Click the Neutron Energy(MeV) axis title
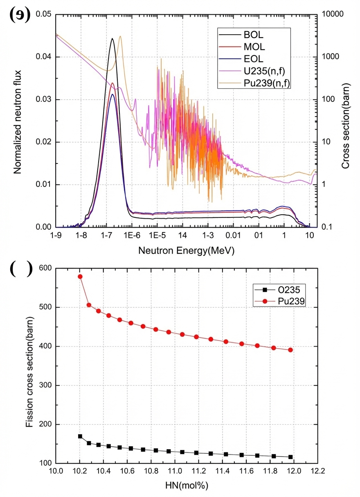[186, 250]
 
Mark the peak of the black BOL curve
[112, 38]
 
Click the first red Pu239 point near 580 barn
[80, 277]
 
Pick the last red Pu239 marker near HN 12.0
[290, 350]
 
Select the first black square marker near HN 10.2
[80, 437]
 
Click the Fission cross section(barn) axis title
[29, 366]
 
